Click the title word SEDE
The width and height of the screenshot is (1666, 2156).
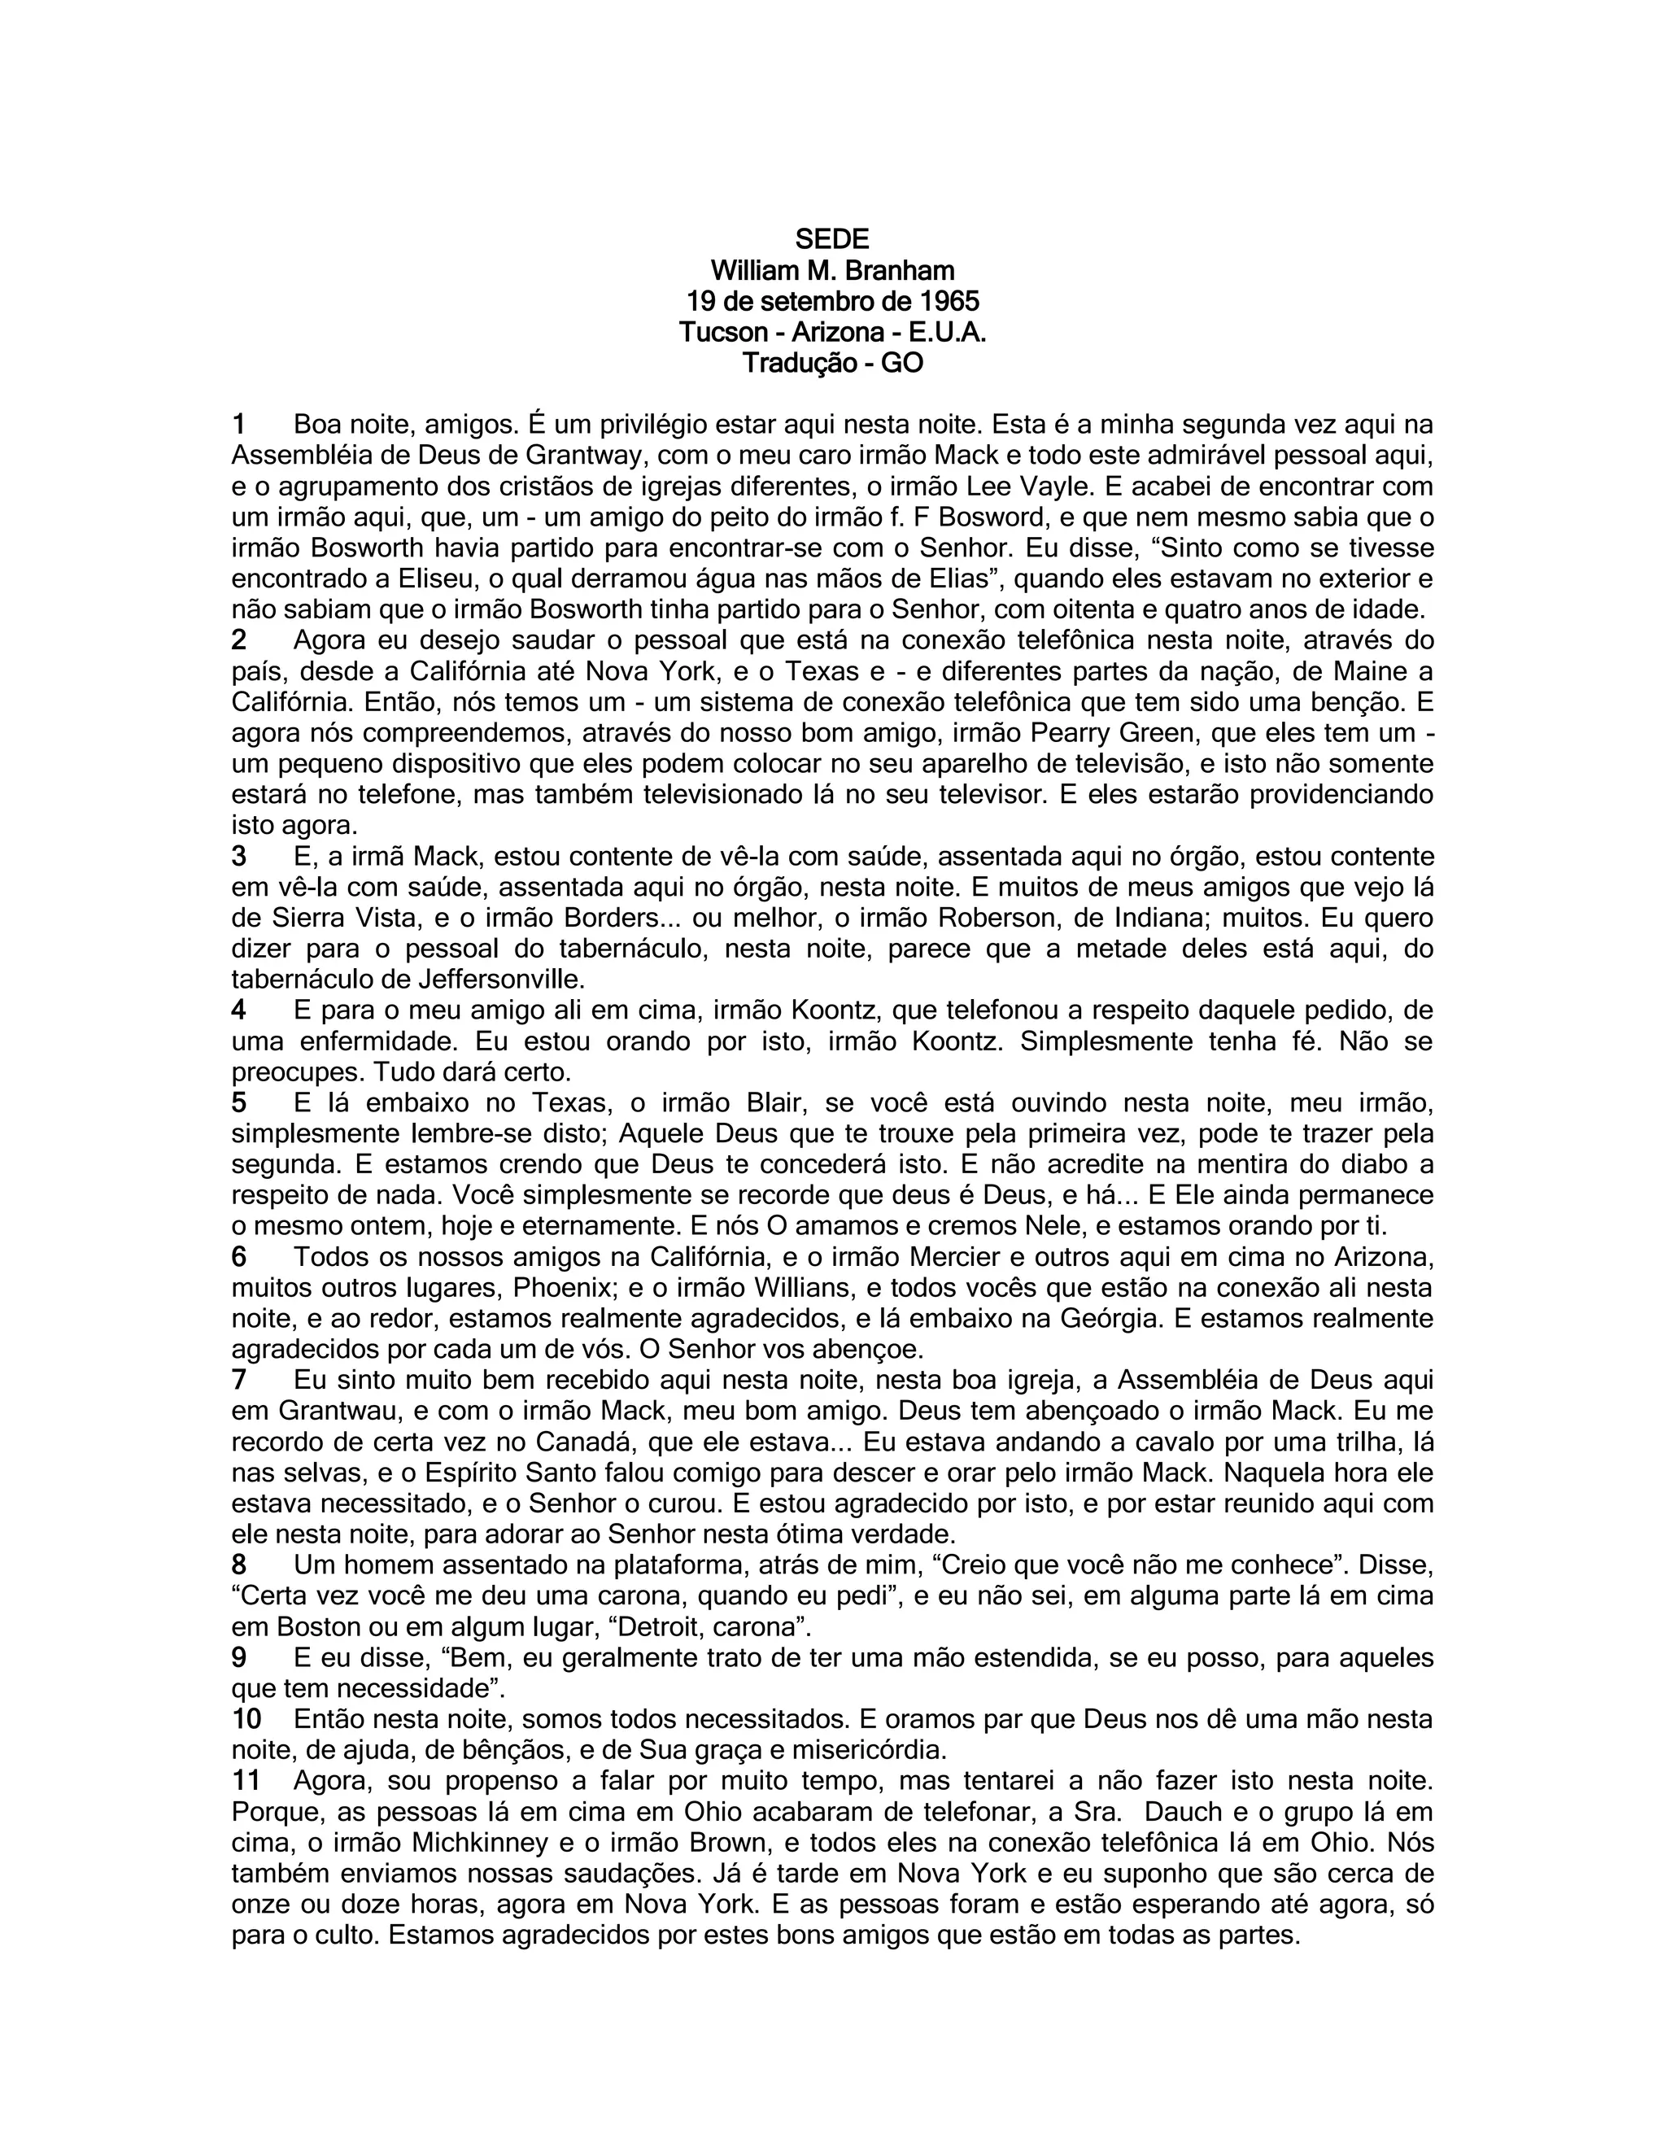point(832,239)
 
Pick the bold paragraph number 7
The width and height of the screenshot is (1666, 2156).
point(239,1379)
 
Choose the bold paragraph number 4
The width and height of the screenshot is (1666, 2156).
point(239,1010)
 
